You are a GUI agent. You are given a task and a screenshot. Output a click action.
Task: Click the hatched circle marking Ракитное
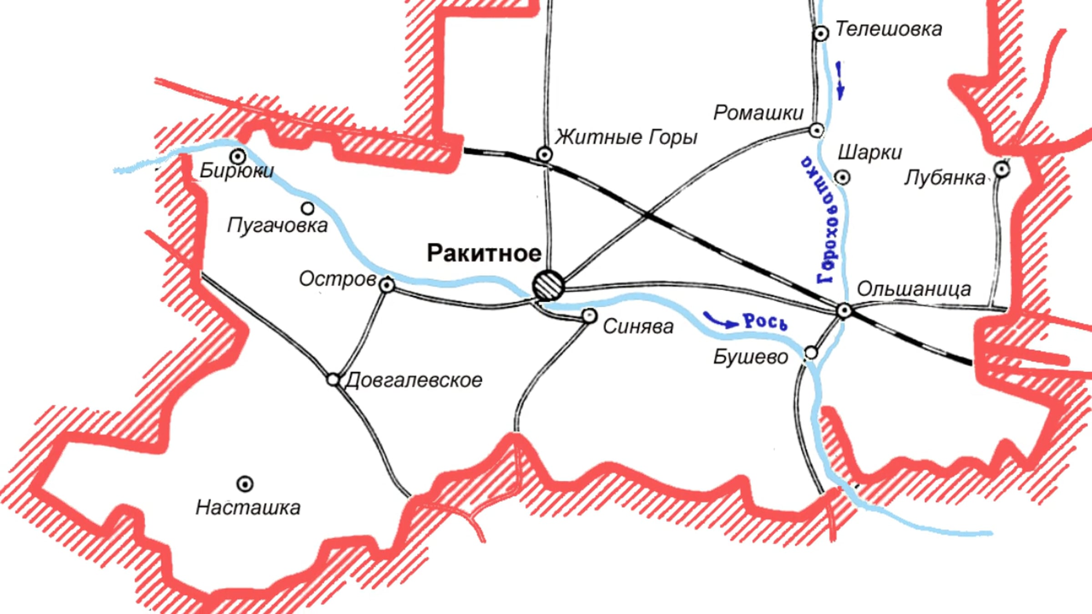(x=548, y=285)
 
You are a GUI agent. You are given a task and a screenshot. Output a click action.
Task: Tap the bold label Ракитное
(x=484, y=253)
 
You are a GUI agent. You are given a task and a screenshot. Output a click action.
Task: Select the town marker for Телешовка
(x=821, y=33)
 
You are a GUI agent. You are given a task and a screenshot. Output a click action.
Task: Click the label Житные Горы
(x=626, y=137)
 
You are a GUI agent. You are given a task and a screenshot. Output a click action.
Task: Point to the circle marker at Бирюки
(x=238, y=156)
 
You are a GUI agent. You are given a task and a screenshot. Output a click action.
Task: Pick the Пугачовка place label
(x=277, y=225)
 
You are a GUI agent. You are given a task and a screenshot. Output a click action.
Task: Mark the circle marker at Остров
(x=387, y=285)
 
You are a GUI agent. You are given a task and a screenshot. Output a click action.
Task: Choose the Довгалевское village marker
(x=333, y=379)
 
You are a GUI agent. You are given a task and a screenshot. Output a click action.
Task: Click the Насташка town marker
(x=245, y=483)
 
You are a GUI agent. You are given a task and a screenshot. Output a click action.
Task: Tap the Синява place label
(x=638, y=327)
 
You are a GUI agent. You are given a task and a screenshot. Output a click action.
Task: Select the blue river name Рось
(x=765, y=322)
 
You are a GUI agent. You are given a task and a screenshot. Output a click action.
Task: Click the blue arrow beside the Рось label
(x=720, y=320)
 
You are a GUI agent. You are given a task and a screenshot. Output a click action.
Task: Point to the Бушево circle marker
(x=811, y=352)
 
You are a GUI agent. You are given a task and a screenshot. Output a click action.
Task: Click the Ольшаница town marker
(x=844, y=311)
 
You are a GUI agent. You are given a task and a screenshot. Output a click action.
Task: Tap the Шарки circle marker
(x=842, y=177)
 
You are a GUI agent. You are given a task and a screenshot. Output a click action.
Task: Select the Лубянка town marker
(x=1001, y=170)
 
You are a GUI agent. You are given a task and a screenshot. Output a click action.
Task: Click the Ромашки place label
(x=758, y=113)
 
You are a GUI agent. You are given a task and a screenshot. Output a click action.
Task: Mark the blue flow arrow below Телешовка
(x=839, y=81)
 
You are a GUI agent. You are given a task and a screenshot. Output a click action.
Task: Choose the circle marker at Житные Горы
(x=545, y=155)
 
